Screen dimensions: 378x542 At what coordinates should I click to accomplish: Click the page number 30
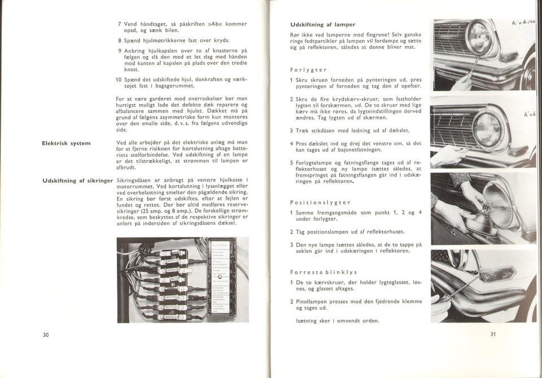[46, 335]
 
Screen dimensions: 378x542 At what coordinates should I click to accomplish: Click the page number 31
[492, 334]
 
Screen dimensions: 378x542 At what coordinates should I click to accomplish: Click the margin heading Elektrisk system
[67, 143]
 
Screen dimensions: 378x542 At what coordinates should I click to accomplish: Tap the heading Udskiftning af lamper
[320, 25]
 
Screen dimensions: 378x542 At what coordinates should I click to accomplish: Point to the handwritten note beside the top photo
[524, 23]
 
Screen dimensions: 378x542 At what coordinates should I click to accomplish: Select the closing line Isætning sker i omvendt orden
[337, 320]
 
